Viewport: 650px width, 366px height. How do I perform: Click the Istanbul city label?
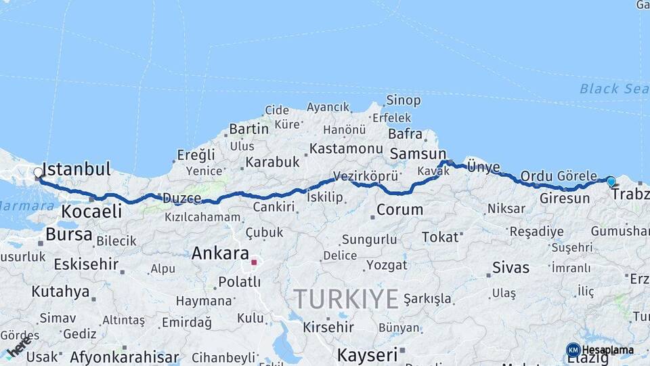(76, 169)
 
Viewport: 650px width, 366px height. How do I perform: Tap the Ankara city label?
(220, 253)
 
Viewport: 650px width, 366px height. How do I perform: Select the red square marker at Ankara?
(254, 262)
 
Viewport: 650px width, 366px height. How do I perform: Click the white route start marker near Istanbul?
(39, 173)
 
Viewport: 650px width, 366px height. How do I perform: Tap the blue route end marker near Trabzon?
(611, 182)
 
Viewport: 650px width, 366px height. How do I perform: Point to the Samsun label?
(418, 154)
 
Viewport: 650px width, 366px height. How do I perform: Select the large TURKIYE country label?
(345, 298)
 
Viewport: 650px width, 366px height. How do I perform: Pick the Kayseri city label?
(367, 354)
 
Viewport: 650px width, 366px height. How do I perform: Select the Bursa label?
(69, 235)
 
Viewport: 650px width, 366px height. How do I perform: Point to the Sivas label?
(511, 266)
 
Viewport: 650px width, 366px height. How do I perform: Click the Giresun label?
(565, 199)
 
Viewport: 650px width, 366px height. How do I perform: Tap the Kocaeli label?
(91, 211)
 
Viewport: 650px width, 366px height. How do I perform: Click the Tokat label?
(440, 237)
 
